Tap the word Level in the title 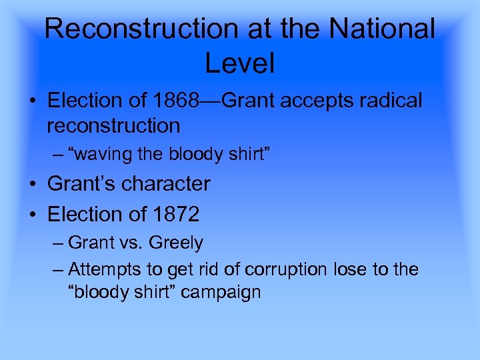[239, 63]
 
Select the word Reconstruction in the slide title [140, 29]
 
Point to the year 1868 [175, 101]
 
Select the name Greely [176, 243]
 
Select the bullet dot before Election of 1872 [33, 215]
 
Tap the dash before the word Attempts [58, 270]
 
